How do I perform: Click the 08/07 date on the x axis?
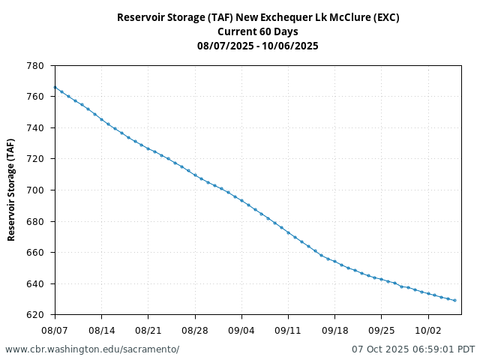click(x=55, y=329)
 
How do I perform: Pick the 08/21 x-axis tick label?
click(x=148, y=329)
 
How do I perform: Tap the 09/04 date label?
click(x=241, y=329)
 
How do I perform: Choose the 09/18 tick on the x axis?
click(x=334, y=329)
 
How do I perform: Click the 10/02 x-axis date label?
click(x=428, y=329)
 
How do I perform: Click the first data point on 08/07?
click(x=55, y=87)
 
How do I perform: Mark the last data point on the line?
click(x=454, y=300)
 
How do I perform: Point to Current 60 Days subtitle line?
click(x=257, y=31)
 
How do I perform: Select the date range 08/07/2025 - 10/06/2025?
click(x=257, y=46)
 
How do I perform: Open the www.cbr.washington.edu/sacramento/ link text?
click(x=92, y=349)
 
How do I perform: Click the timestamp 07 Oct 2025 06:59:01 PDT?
click(x=413, y=349)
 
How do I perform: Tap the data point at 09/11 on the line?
click(x=288, y=232)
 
